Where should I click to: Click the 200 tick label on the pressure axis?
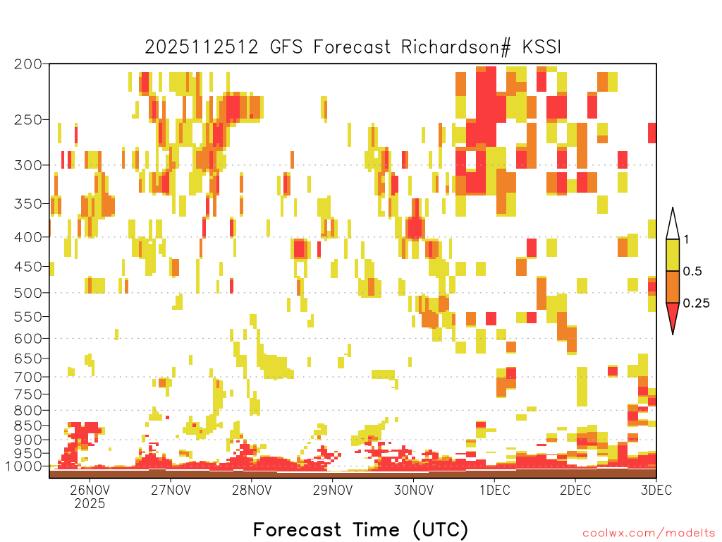click(27, 64)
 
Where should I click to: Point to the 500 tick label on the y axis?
click(27, 293)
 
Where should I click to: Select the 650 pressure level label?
click(27, 358)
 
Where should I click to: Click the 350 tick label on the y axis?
click(27, 204)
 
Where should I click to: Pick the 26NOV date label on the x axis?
click(90, 490)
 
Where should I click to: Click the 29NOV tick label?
click(333, 490)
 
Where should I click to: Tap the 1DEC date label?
click(494, 490)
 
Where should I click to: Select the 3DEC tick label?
click(656, 490)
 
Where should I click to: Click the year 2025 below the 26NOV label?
click(90, 503)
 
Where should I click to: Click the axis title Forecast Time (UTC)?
click(360, 530)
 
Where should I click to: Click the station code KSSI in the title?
click(542, 47)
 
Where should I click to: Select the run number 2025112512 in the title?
click(202, 47)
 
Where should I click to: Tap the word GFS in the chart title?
click(286, 47)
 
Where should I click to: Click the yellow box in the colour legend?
click(673, 255)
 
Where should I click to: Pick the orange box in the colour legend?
click(673, 287)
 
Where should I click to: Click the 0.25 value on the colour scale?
click(696, 303)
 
